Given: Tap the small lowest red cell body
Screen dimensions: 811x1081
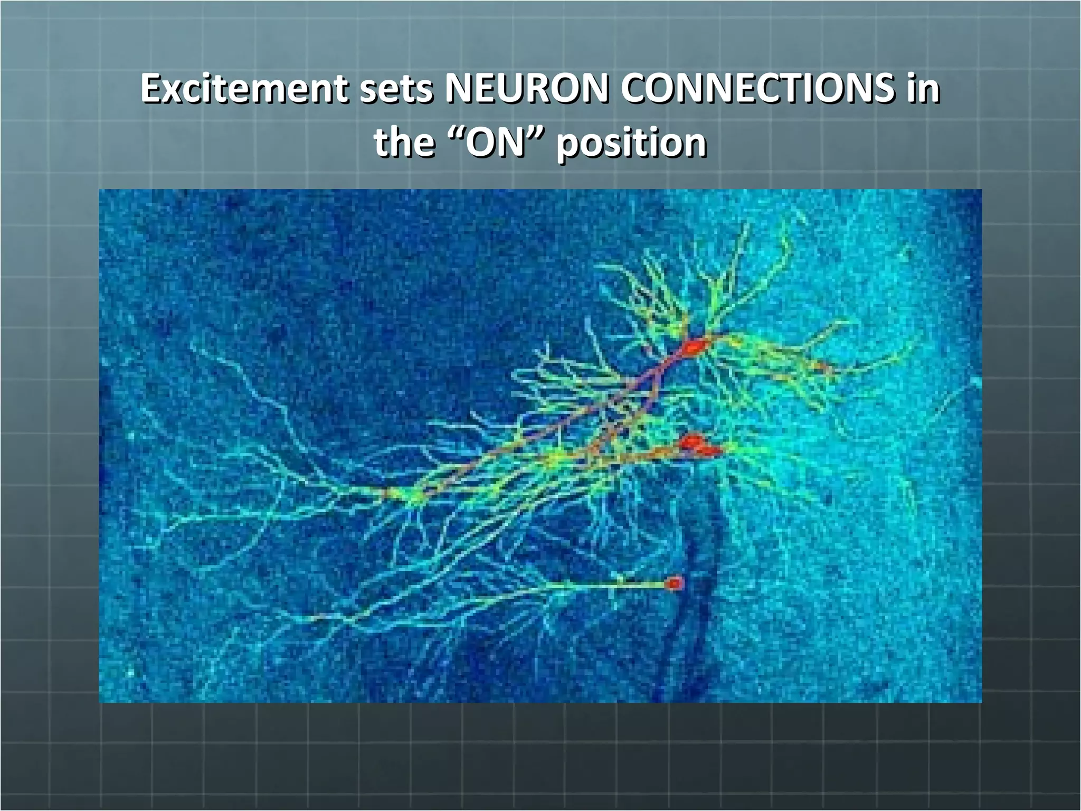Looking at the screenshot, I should click(674, 583).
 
